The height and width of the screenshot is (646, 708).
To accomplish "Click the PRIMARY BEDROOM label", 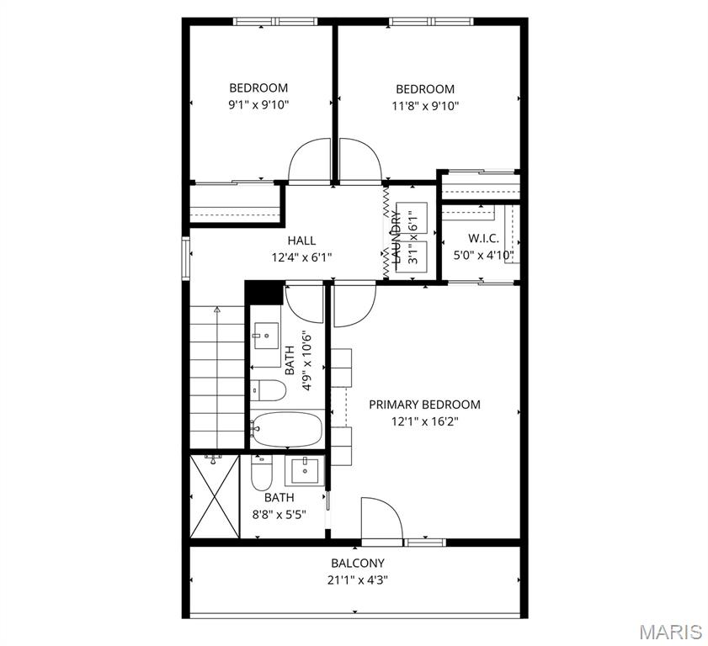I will tap(424, 405).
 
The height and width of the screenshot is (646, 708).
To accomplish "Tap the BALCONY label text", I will tap(357, 564).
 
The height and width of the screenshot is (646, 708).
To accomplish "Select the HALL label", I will tap(301, 241).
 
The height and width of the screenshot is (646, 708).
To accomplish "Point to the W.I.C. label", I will tap(483, 238).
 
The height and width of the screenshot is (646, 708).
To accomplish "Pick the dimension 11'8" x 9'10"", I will tap(425, 106).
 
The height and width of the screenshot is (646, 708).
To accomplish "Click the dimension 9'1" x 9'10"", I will tap(258, 105).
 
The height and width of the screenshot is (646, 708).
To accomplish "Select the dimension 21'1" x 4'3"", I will tap(357, 580).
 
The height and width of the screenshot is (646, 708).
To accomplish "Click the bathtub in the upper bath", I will tap(286, 429).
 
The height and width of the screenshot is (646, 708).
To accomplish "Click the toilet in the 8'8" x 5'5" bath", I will tap(261, 475).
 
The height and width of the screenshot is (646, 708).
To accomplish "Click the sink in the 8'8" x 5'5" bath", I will tap(303, 471).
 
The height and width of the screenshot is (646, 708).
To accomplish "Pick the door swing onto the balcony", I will tap(381, 517).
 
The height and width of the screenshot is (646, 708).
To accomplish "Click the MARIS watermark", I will tap(670, 631).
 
